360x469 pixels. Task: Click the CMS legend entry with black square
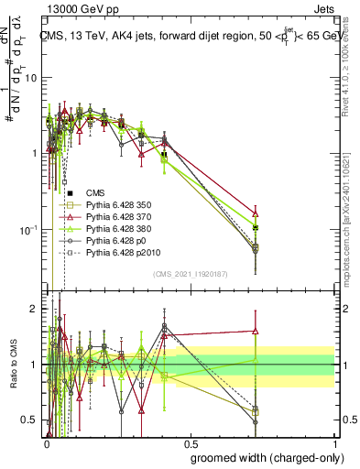click(94, 193)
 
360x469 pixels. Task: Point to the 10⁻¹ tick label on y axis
click(27, 229)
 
